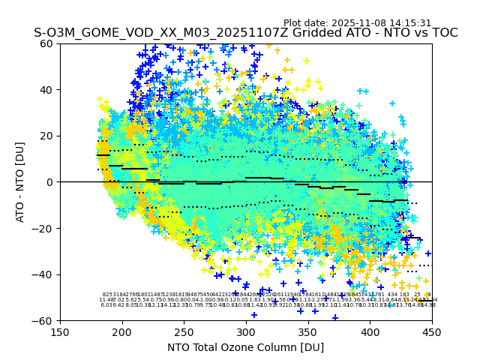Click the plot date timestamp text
[x=357, y=23]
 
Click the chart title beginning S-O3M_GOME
[x=245, y=33]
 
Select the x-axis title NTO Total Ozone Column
[x=245, y=347]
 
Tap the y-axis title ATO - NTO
[x=20, y=182]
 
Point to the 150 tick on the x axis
[x=60, y=331]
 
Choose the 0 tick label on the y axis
[x=50, y=182]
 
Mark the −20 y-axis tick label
[x=43, y=228]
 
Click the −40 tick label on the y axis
[x=43, y=274]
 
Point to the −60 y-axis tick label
[x=43, y=320]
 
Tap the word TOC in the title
[x=442, y=33]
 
